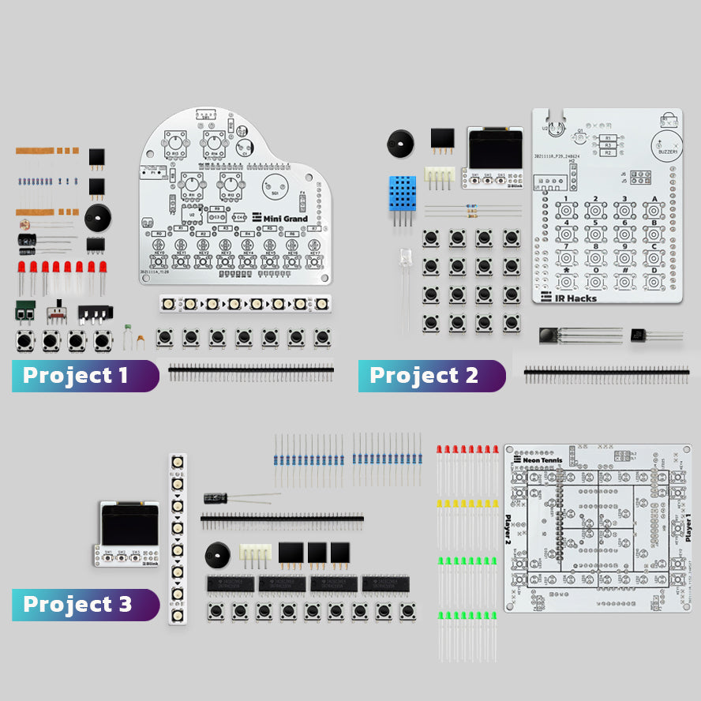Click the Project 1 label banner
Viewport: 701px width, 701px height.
(84, 376)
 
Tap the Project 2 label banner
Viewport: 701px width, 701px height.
(431, 376)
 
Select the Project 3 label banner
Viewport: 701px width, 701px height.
(84, 605)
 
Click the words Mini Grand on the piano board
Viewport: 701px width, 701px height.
(285, 219)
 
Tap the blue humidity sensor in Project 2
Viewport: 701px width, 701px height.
(402, 193)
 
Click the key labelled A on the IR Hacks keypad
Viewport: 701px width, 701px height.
(653, 210)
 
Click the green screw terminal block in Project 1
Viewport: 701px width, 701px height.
(24, 311)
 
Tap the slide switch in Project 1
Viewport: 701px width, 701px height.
(56, 313)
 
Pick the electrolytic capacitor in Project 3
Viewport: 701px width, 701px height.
(216, 498)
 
